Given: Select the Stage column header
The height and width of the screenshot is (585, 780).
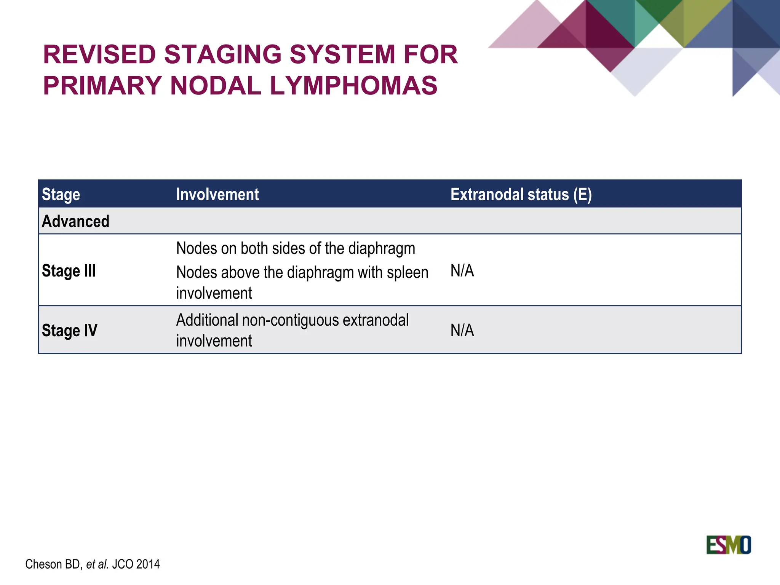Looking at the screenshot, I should pos(61,194).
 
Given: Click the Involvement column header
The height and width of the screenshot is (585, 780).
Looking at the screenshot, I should pos(217,194).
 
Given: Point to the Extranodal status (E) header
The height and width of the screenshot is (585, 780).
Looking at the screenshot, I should pos(521,194).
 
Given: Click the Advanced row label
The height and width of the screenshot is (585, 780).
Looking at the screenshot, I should pos(75,221).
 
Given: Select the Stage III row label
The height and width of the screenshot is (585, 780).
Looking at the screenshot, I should pos(69,271).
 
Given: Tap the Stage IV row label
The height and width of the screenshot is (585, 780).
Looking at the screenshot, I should pos(70,330).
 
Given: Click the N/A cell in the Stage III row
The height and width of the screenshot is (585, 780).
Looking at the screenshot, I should pos(462,271).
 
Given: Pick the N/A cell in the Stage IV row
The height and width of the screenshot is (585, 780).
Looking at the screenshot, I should pos(462,330).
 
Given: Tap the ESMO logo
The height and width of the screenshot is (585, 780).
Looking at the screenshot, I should pos(728,545).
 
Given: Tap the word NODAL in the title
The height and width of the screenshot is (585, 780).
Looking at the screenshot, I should pos(216,85).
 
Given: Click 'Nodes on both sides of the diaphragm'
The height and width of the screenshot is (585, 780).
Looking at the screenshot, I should pos(296,249).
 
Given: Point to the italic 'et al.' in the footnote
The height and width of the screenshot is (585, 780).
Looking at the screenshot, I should pos(97,564).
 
